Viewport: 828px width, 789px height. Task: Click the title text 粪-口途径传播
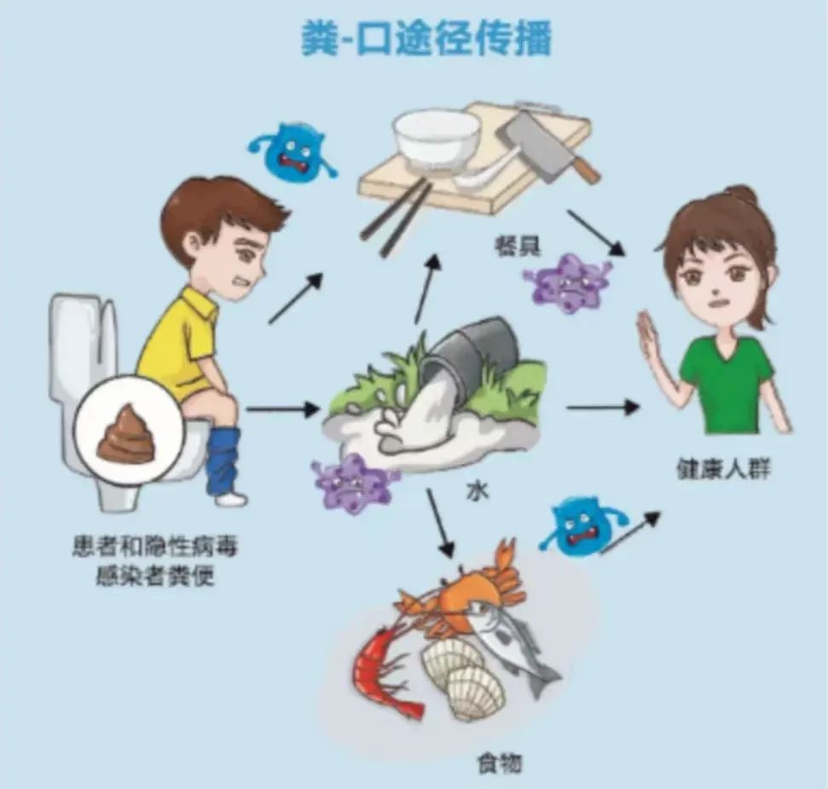coord(426,39)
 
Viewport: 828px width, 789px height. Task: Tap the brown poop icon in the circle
coord(125,436)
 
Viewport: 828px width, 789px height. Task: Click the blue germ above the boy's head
coord(290,151)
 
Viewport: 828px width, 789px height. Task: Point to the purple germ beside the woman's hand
coord(567,281)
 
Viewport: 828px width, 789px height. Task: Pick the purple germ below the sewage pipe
coord(354,483)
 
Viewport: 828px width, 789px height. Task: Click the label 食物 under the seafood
coord(499,762)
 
